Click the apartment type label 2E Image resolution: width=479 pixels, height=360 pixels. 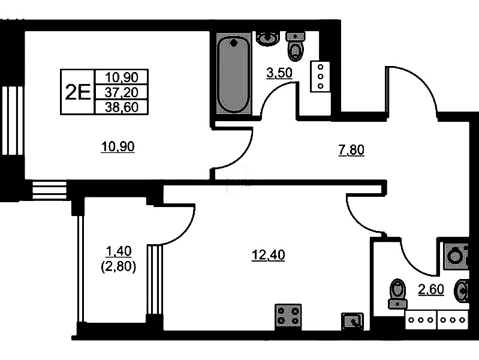point(78,92)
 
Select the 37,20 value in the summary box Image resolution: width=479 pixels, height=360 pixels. point(122,92)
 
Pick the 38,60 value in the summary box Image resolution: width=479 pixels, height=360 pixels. point(122,107)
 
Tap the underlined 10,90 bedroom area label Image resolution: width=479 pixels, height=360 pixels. point(118,147)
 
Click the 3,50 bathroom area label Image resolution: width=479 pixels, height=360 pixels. point(279,73)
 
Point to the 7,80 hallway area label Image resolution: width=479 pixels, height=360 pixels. point(351,150)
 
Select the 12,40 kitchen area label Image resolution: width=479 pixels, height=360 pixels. point(268,255)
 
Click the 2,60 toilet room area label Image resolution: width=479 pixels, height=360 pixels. point(430,289)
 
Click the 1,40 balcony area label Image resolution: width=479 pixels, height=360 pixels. point(118,251)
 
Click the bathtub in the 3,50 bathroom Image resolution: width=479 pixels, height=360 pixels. point(234,73)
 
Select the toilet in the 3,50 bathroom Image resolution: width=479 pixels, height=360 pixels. point(296,46)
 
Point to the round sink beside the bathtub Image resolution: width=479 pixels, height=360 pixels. point(268,38)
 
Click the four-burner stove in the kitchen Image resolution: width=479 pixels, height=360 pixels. point(288,316)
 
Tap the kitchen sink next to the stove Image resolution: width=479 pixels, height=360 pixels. point(353,321)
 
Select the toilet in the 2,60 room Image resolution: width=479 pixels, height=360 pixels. point(397,293)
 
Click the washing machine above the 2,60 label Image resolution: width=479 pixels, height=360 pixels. point(456,256)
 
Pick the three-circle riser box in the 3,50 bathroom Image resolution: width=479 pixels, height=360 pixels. point(320,76)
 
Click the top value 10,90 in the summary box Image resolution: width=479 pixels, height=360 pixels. point(122,77)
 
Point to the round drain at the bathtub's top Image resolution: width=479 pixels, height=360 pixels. point(234,43)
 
